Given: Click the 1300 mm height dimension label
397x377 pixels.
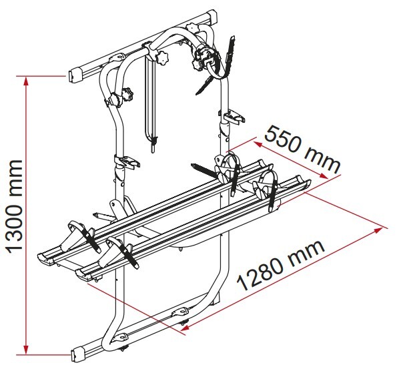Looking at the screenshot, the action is coord(15,206).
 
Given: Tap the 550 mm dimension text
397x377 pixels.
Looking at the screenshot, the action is coord(302,150).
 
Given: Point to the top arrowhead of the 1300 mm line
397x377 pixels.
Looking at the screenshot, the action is coord(25,81).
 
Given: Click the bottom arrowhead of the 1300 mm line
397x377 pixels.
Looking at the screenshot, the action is coord(25,349).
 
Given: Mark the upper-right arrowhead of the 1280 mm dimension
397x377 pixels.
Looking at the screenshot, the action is coord(378,230).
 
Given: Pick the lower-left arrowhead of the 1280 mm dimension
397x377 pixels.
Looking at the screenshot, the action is coord(185,328).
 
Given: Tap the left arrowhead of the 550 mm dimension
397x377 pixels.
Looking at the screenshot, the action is coord(258,144).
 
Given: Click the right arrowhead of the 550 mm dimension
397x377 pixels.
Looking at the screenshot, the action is coord(324,175).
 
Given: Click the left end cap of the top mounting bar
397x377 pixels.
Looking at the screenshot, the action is coord(73,75).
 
